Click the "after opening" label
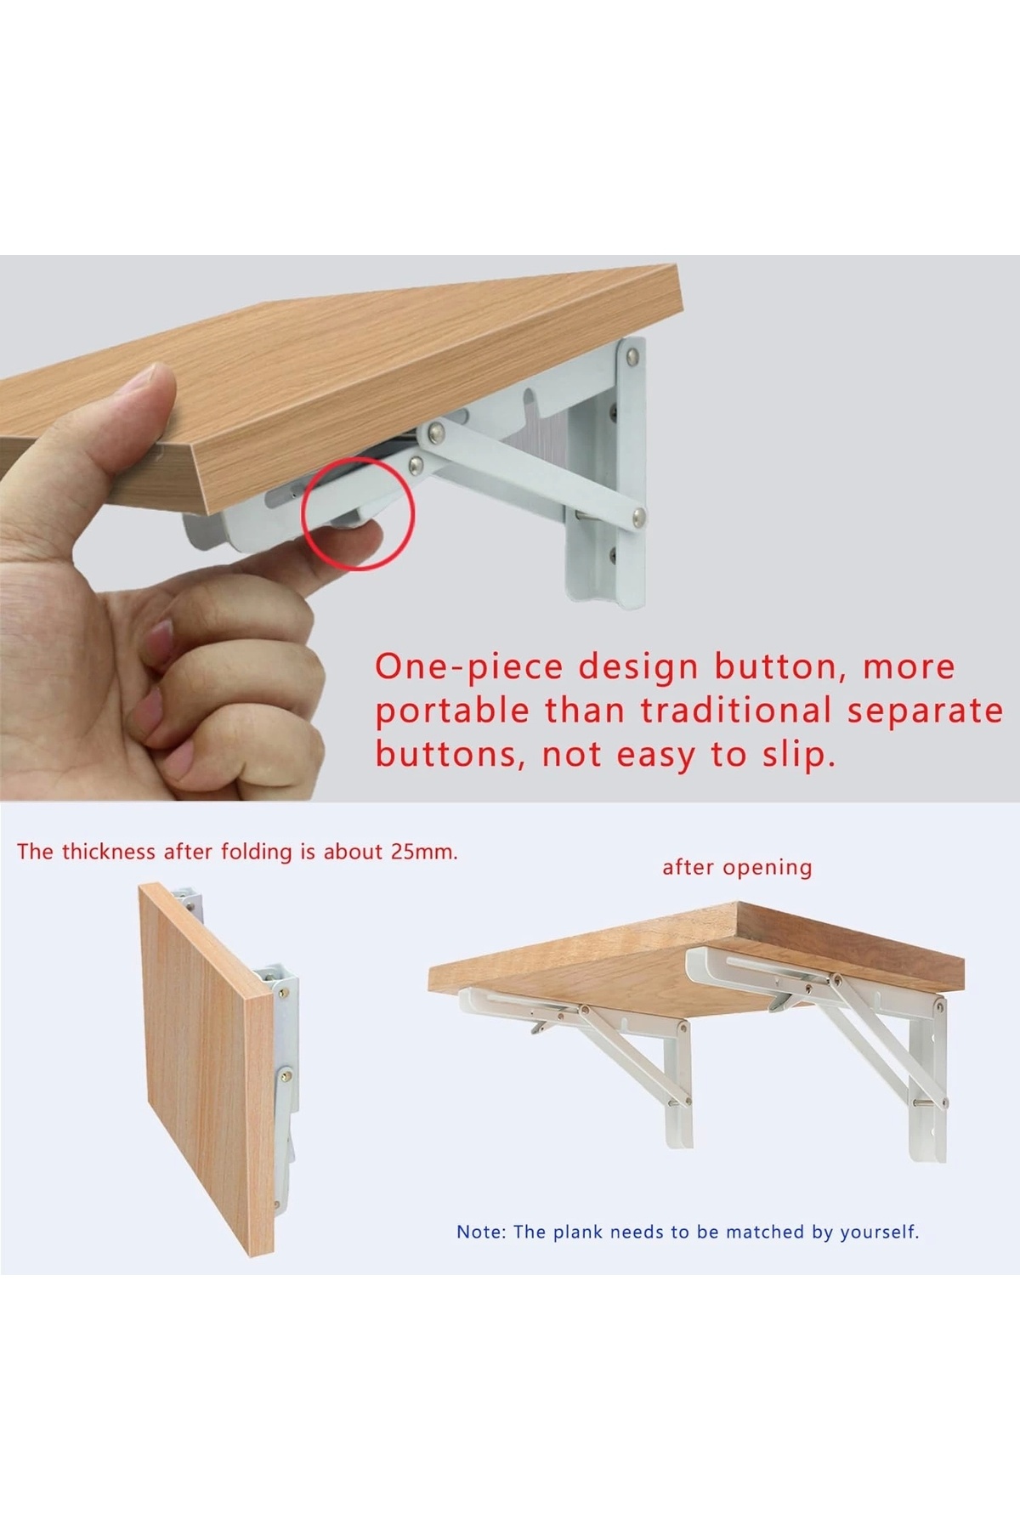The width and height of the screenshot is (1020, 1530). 737,868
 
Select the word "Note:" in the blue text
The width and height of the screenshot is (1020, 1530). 482,1232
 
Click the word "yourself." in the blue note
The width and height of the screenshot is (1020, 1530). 880,1232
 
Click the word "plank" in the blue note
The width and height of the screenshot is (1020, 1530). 579,1232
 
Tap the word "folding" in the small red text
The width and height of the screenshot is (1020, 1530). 257,853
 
